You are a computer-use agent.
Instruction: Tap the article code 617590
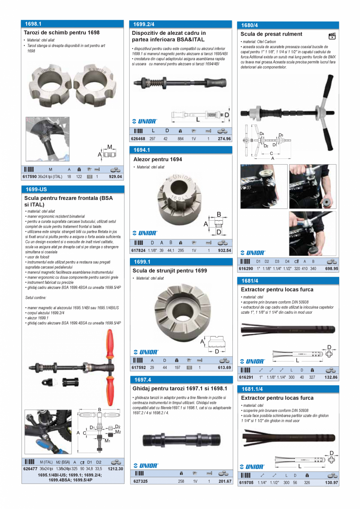pyautogui.click(x=30, y=177)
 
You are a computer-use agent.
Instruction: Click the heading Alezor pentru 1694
pyautogui.click(x=157, y=160)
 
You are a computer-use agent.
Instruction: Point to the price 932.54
pyautogui.click(x=224, y=250)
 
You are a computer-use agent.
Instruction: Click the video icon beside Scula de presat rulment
pyautogui.click(x=332, y=36)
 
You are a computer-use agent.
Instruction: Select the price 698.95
pyautogui.click(x=331, y=269)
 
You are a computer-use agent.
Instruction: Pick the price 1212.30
pyautogui.click(x=115, y=469)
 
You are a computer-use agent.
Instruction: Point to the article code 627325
pyautogui.click(x=140, y=481)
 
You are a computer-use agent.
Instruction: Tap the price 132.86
pyautogui.click(x=331, y=378)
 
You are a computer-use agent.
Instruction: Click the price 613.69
pyautogui.click(x=224, y=368)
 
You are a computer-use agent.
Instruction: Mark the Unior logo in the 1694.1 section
pyautogui.click(x=145, y=233)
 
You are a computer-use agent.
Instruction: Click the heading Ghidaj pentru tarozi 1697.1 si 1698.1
pyautogui.click(x=180, y=388)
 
